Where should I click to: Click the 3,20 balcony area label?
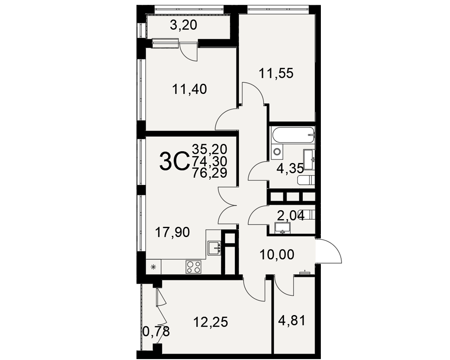click(x=184, y=25)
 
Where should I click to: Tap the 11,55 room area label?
click(x=276, y=73)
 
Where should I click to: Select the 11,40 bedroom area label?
click(x=189, y=90)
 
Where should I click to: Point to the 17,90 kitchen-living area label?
click(x=172, y=232)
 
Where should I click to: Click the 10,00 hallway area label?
click(x=277, y=255)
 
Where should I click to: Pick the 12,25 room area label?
click(x=211, y=322)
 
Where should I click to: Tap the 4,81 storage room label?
click(x=292, y=321)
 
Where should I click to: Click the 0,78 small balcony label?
click(x=157, y=332)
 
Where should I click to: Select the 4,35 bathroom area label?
click(x=290, y=168)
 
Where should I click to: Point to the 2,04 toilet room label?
click(x=290, y=215)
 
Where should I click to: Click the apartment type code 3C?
click(x=174, y=162)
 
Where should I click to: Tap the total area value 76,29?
click(x=210, y=173)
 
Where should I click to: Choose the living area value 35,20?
click(x=210, y=149)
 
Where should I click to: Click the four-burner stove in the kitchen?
click(x=193, y=267)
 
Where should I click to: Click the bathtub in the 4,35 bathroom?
click(x=293, y=135)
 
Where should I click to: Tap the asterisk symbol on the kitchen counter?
click(x=153, y=267)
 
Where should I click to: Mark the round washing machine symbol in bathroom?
click(x=277, y=152)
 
